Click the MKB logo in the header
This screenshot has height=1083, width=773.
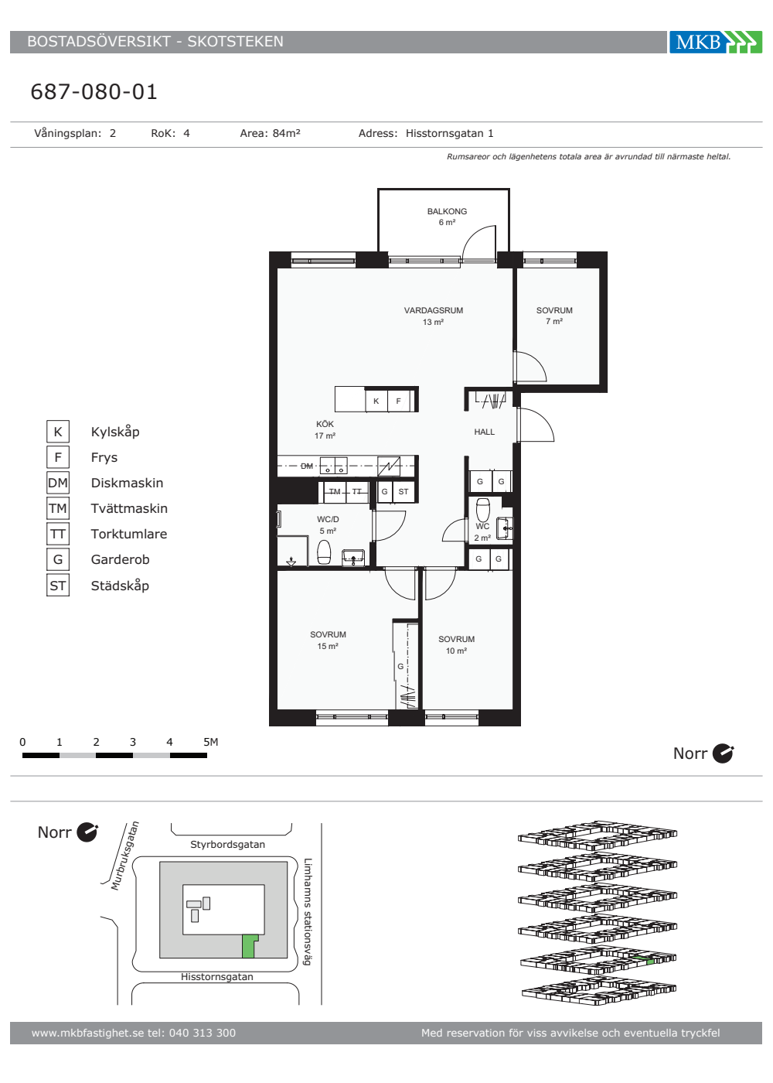[x=716, y=42]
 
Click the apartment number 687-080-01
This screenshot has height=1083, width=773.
[x=94, y=92]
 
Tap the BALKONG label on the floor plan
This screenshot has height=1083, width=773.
[x=447, y=211]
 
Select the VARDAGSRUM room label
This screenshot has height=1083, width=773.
[x=434, y=310]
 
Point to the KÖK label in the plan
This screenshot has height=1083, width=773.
[x=325, y=424]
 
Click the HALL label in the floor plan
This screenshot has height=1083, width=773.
[x=484, y=432]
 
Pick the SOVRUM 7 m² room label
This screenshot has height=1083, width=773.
[x=554, y=316]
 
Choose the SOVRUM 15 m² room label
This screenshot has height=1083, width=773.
[x=328, y=641]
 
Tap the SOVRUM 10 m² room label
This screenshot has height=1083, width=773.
[x=457, y=644]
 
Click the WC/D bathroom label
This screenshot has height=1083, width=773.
[x=328, y=519]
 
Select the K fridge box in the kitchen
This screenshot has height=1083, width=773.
[x=376, y=401]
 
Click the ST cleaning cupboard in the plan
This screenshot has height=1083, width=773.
[x=404, y=492]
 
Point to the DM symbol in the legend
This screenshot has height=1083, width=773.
[x=58, y=483]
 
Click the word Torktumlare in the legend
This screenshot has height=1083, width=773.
[x=129, y=534]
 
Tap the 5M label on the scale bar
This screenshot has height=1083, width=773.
[x=210, y=742]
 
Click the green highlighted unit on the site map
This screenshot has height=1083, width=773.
[x=248, y=945]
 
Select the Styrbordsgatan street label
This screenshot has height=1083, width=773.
[x=227, y=844]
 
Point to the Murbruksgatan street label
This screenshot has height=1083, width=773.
[x=124, y=856]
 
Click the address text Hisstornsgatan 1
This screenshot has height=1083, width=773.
[x=450, y=133]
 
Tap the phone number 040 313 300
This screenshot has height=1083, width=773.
[x=203, y=1033]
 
